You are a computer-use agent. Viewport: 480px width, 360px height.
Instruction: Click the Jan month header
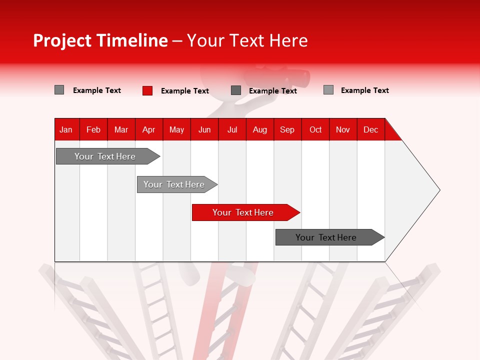[66, 129]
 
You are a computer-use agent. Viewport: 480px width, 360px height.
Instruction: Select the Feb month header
[93, 129]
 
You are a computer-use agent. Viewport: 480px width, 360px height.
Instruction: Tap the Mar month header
[121, 129]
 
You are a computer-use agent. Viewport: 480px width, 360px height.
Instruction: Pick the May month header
[176, 129]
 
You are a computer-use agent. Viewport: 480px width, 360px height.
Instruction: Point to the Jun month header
[204, 129]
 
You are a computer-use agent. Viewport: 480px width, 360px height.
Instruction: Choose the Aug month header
[259, 129]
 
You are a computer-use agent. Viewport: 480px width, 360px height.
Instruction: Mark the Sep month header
[287, 129]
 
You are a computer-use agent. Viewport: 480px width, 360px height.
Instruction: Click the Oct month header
[315, 129]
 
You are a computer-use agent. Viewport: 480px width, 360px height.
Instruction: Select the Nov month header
[343, 129]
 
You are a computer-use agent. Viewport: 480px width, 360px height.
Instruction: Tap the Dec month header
[370, 129]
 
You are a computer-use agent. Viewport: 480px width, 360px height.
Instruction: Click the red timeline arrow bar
[245, 212]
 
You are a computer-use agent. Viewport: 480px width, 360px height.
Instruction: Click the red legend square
[147, 90]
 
